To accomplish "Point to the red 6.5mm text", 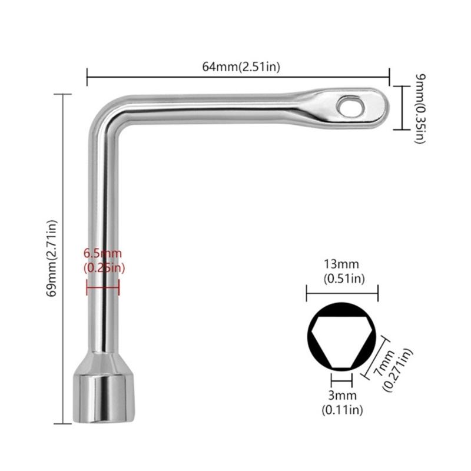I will tap(102, 253).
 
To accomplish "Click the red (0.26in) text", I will tap(104, 268).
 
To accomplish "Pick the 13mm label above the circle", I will tap(341, 265).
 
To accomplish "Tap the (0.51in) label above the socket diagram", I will tap(341, 278).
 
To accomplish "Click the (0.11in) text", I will tap(341, 409).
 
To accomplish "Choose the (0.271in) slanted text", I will tap(398, 370).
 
